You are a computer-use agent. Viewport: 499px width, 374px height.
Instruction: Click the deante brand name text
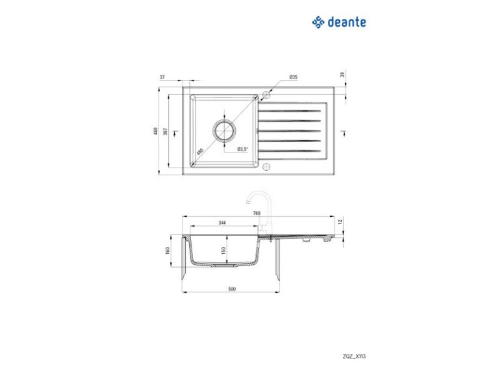click(346, 22)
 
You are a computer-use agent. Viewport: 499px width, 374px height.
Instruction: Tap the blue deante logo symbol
click(318, 22)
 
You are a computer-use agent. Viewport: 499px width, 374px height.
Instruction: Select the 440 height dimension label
click(156, 131)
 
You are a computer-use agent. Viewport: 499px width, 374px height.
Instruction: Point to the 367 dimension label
click(166, 131)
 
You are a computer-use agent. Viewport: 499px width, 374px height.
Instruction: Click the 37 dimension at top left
click(162, 77)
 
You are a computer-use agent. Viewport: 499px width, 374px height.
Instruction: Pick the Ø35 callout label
click(294, 77)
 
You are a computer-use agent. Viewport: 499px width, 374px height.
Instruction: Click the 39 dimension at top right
click(342, 75)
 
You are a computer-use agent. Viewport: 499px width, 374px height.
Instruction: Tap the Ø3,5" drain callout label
click(242, 149)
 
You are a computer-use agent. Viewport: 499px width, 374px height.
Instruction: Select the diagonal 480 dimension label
click(200, 151)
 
